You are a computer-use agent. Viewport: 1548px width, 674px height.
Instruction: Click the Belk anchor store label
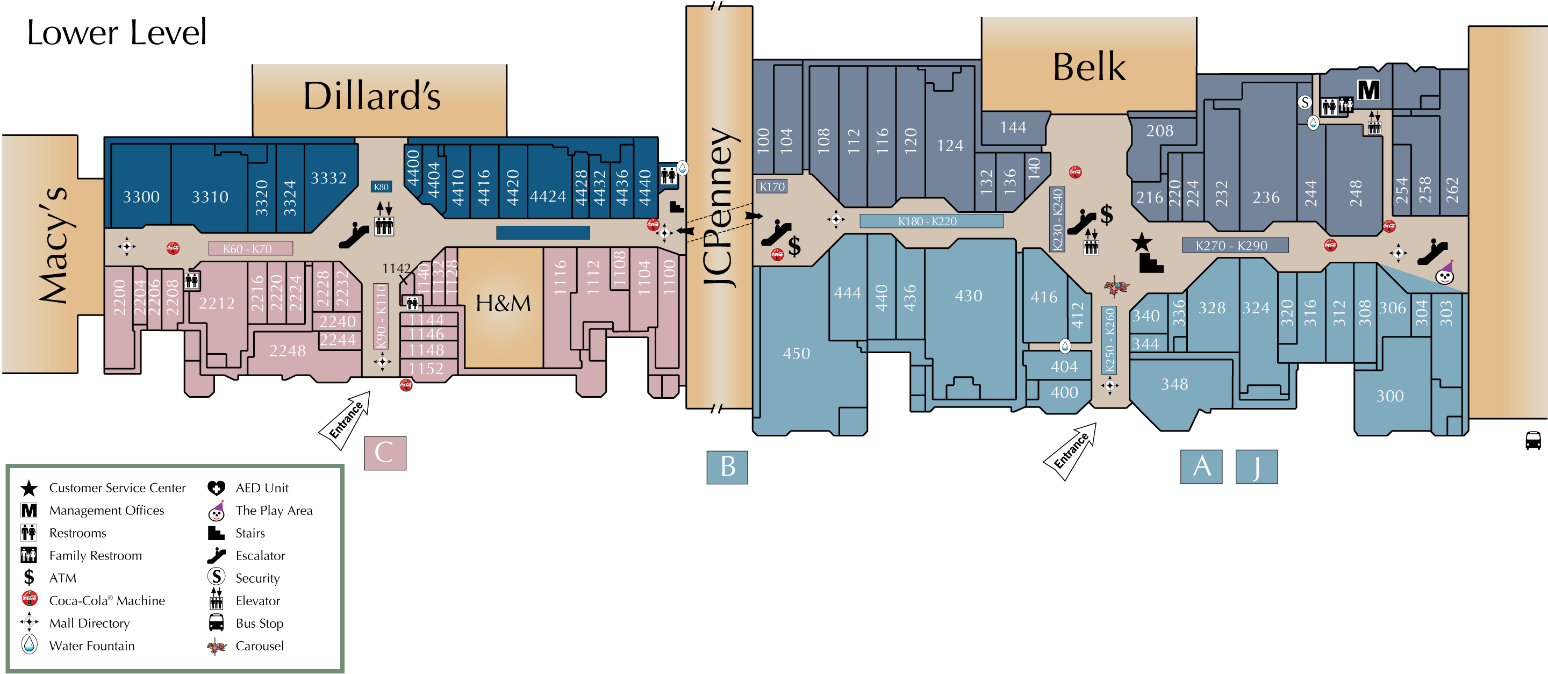1089,67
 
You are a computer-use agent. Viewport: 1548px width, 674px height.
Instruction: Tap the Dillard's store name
372,96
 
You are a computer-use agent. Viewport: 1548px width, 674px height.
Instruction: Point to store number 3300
141,197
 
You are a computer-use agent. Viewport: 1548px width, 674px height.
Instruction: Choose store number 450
796,354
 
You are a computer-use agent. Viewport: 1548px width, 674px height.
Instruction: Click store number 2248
287,351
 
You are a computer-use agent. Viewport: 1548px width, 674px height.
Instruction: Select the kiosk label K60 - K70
248,249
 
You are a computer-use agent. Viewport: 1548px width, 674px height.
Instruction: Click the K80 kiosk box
381,187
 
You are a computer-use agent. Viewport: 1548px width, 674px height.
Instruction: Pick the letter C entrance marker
385,453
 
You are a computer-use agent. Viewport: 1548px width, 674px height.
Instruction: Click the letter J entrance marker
1256,467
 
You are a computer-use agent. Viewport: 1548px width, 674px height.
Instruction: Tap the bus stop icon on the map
1533,440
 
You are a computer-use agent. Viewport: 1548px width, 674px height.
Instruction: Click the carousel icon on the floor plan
1116,286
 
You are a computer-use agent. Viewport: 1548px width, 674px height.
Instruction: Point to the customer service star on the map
1141,243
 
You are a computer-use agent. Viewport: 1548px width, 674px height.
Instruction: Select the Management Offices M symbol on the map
1368,90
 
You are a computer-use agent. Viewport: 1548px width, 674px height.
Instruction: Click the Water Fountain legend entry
91,646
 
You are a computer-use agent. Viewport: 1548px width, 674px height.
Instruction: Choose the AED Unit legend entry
261,488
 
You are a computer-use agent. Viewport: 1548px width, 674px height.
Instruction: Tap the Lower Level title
117,32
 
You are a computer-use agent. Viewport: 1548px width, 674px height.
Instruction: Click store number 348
1174,384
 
